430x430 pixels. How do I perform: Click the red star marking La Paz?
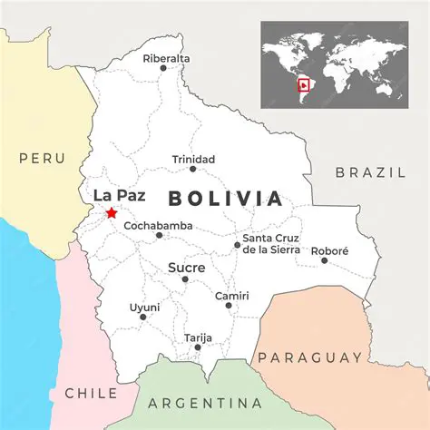[x=111, y=212]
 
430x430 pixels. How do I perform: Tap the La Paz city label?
[x=119, y=194]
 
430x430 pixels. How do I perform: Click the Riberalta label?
[x=167, y=59]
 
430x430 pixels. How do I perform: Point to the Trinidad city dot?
[x=192, y=169]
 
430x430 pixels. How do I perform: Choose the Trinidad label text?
[x=194, y=160]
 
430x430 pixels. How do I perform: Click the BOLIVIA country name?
[x=226, y=199]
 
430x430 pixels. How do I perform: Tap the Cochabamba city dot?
[x=159, y=235]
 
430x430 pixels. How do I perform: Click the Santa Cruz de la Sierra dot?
[x=237, y=244]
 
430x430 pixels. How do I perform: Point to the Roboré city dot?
[x=325, y=260]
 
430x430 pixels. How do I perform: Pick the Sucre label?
[x=187, y=269]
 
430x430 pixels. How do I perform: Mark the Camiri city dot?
[x=229, y=305]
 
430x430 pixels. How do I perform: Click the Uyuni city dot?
[x=142, y=317]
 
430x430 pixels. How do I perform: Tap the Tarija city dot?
[x=198, y=347]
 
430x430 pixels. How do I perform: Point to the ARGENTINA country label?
[x=205, y=403]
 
